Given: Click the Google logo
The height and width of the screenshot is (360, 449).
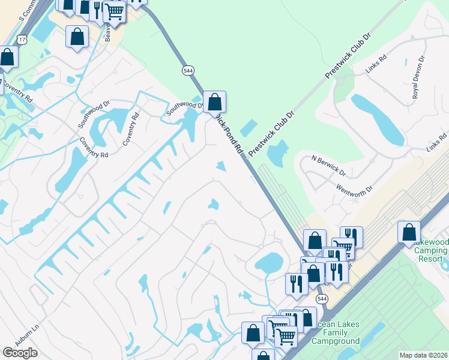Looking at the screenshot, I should point(20,353).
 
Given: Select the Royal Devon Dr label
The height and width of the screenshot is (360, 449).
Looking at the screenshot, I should point(418,77).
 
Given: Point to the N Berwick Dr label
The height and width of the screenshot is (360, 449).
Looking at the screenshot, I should point(328,166).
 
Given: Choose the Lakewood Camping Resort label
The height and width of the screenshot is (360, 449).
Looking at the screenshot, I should point(432,251).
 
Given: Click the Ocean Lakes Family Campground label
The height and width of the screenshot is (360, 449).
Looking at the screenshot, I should point(336,333).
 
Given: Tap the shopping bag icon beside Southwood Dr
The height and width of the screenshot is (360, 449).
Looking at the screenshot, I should point(214,101).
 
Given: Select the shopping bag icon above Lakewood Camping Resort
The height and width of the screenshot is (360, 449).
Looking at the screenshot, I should point(409,231).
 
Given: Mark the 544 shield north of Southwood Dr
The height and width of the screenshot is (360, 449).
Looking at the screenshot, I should point(188,70).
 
